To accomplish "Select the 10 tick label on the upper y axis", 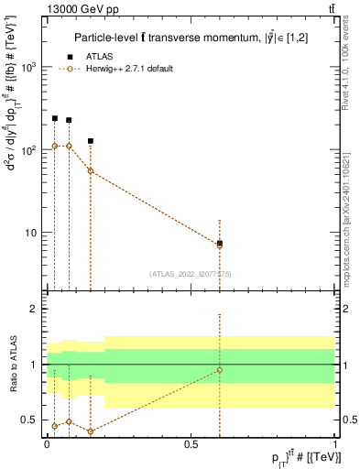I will coord(33,233).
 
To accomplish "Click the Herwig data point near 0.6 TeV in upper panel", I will coord(220,245).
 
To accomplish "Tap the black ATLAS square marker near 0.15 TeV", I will coord(91,141).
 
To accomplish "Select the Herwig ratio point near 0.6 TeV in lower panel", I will coord(220,370).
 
